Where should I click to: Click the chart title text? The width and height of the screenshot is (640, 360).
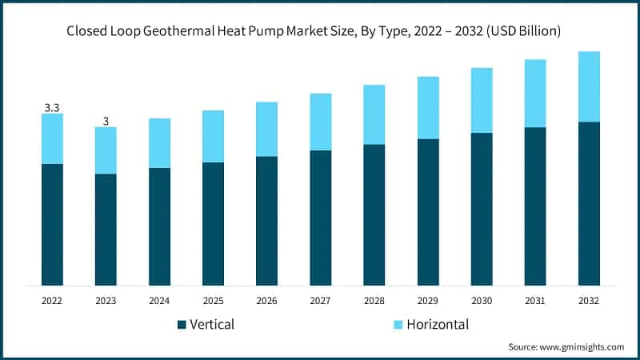pyautogui.click(x=320, y=31)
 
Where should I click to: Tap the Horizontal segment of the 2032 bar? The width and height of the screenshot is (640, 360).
pyautogui.click(x=589, y=86)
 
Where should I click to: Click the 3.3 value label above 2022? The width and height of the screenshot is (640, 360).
pyautogui.click(x=52, y=107)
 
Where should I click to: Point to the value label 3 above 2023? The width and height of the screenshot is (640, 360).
pyautogui.click(x=106, y=121)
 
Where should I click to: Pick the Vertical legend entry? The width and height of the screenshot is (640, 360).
pyautogui.click(x=206, y=324)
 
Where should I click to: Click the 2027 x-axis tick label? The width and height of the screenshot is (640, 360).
pyautogui.click(x=320, y=300)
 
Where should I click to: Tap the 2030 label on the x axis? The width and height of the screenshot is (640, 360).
pyautogui.click(x=481, y=300)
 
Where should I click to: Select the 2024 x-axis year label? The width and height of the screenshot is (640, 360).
pyautogui.click(x=159, y=300)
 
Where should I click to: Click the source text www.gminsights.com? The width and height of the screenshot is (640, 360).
pyautogui.click(x=566, y=346)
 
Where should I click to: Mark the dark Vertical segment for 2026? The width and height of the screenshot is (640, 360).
pyautogui.click(x=266, y=220)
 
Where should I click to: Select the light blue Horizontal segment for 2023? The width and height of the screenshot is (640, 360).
pyautogui.click(x=106, y=150)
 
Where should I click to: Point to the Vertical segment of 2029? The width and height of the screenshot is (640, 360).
pyautogui.click(x=427, y=212)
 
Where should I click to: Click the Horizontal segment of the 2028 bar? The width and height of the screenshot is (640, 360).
pyautogui.click(x=374, y=114)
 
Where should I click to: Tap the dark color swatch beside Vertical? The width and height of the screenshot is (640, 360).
pyautogui.click(x=182, y=325)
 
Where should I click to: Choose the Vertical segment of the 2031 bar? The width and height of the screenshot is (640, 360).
pyautogui.click(x=534, y=206)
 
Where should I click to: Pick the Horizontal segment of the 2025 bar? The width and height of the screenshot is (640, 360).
pyautogui.click(x=213, y=136)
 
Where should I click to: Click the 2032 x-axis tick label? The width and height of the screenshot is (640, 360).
pyautogui.click(x=589, y=300)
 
